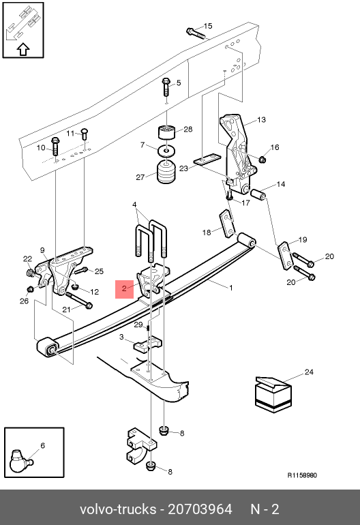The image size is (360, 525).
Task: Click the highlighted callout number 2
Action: tap(124, 288)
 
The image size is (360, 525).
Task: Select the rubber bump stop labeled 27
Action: tap(166, 172)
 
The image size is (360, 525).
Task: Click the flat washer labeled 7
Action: tap(166, 151)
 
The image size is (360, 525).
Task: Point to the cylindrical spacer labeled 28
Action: tap(167, 132)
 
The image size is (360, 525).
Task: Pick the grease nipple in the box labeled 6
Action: tap(20, 460)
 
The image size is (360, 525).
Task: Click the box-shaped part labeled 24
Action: tap(273, 394)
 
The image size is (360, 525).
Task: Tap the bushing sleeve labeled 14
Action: tap(258, 194)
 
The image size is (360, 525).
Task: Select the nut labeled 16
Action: tap(262, 160)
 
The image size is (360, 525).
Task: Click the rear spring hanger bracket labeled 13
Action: tap(237, 154)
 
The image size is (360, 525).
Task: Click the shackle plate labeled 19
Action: tap(285, 255)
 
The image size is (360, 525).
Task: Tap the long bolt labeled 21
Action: tap(79, 299)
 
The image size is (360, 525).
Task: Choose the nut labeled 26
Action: tap(31, 289)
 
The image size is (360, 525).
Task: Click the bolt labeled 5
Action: tap(166, 87)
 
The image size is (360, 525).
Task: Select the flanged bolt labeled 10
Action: tap(55, 147)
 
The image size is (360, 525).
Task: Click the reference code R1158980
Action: tap(302, 475)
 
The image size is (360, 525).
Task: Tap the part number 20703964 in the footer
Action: tap(200, 509)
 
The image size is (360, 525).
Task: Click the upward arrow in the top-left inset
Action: tap(23, 50)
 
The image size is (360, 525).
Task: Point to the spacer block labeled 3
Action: tap(148, 345)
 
